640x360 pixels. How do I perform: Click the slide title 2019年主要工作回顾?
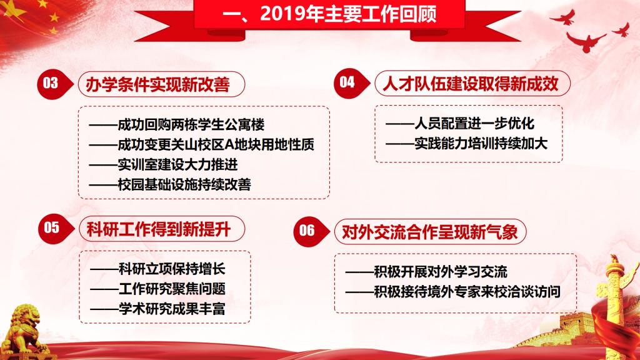329,14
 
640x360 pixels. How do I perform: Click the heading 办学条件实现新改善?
158,84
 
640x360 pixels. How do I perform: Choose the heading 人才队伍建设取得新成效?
470,84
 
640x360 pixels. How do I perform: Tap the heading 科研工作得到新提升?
159,229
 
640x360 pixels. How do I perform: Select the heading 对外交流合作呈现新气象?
430,232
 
